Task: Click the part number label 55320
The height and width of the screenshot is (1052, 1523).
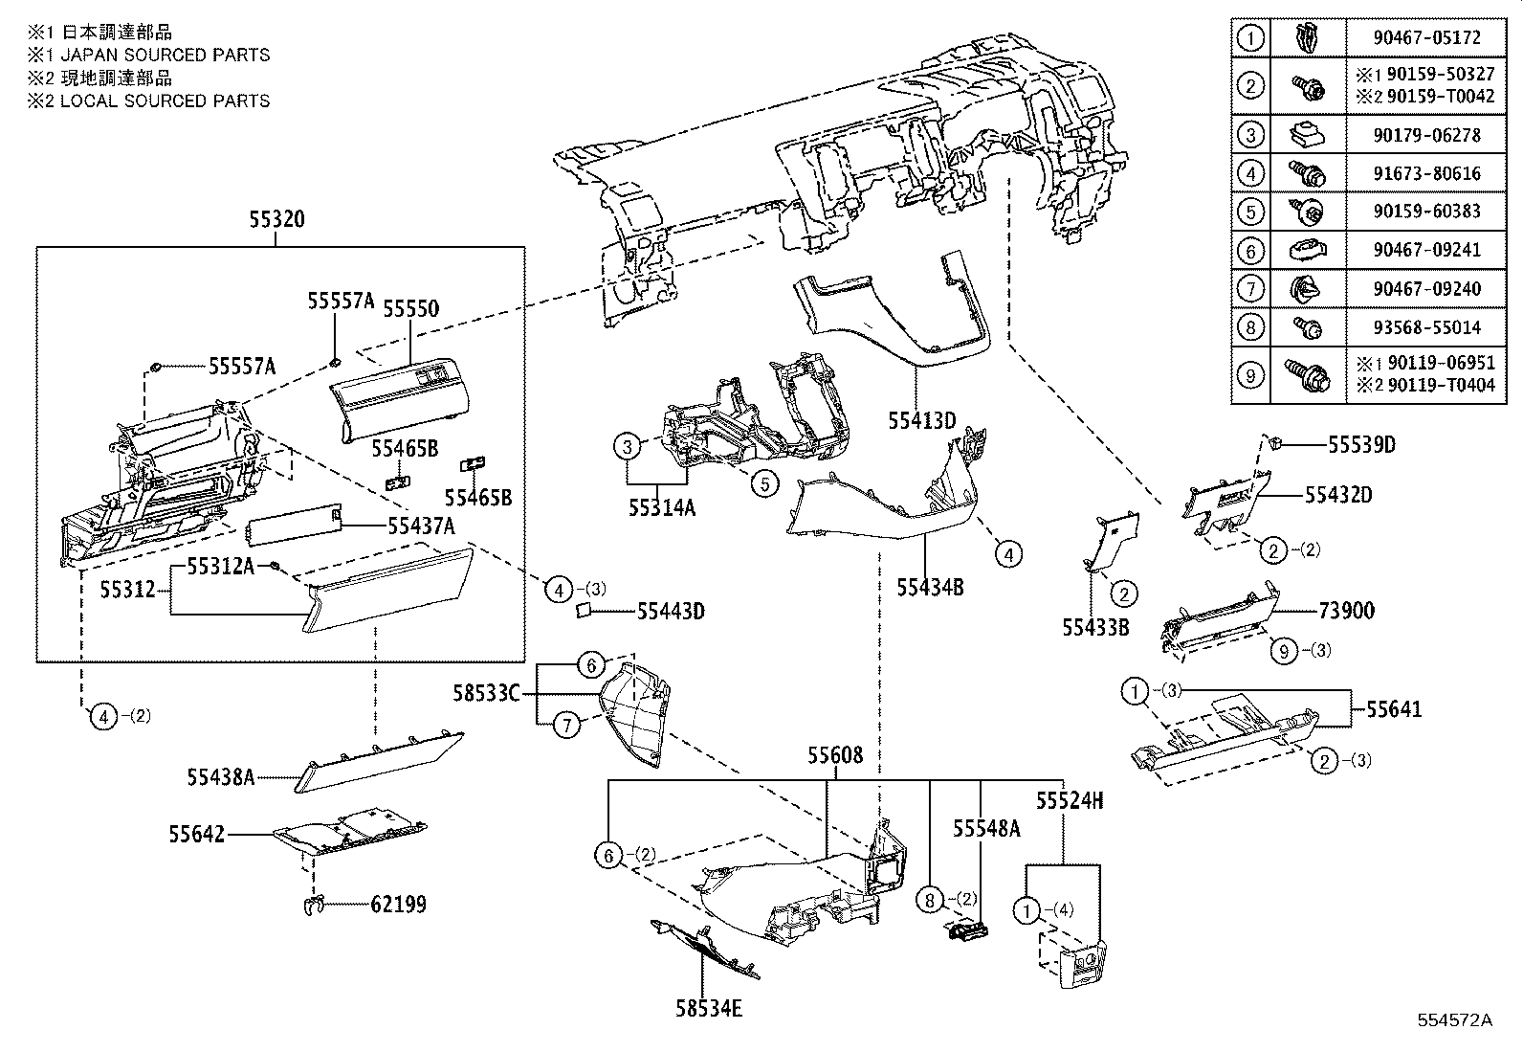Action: (276, 219)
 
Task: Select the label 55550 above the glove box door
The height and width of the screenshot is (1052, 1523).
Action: (410, 308)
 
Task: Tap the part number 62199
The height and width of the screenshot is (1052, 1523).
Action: (398, 904)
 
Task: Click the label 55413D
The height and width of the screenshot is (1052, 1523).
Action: (921, 420)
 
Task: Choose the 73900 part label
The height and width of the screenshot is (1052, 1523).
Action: (1346, 611)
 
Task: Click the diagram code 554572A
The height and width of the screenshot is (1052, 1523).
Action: (1454, 1019)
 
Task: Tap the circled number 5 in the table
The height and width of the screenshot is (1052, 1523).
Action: (1250, 212)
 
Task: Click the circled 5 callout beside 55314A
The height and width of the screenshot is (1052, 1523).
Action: (764, 483)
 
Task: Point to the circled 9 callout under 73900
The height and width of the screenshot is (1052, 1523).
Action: (1284, 651)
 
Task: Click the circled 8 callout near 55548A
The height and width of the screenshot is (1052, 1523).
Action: (929, 900)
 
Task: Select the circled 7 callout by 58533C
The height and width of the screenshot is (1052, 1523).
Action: (567, 726)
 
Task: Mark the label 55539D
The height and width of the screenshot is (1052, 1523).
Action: (1361, 445)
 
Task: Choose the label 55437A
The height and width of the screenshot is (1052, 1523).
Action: (421, 526)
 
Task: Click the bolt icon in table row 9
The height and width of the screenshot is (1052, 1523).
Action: (1307, 375)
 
